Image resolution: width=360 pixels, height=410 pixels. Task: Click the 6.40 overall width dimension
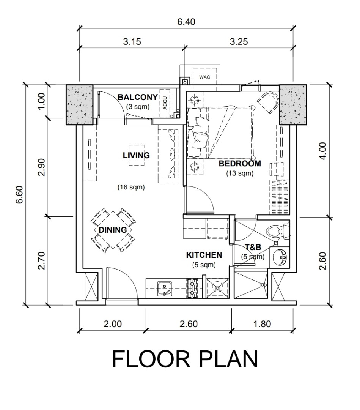(x=186, y=21)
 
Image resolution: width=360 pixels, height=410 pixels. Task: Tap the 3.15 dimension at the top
(x=132, y=41)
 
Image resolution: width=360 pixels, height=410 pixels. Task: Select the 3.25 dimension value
(x=239, y=41)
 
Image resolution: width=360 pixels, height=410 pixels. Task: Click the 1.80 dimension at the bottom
(x=262, y=324)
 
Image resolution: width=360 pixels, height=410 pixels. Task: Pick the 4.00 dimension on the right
(x=322, y=151)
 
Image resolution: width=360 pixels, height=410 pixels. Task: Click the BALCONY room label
(x=138, y=97)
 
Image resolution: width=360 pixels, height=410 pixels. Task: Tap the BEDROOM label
(x=240, y=163)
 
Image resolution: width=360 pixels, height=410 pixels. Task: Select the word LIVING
(x=136, y=155)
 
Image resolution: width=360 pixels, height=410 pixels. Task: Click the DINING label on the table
(x=113, y=230)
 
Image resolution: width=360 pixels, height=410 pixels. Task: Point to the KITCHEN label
(x=204, y=255)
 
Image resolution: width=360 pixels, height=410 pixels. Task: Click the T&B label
(x=253, y=247)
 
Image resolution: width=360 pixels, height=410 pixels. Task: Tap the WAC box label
(x=204, y=77)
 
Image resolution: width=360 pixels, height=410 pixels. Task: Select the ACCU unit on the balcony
(x=165, y=103)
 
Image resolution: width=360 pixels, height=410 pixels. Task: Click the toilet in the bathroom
(x=278, y=231)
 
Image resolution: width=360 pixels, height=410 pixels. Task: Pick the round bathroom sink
(x=280, y=257)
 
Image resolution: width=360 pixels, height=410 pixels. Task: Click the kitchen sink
(x=165, y=289)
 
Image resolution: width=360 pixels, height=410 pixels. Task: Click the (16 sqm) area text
(x=131, y=187)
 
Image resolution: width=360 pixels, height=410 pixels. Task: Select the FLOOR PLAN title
(x=185, y=359)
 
